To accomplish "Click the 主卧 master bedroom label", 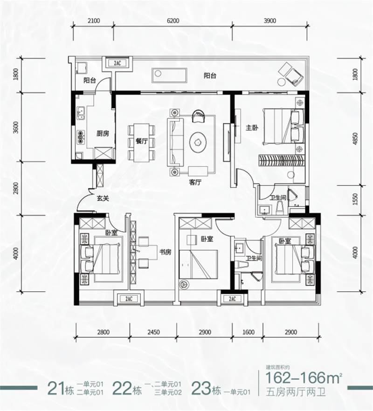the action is point(252,128).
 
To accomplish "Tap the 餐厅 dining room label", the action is point(142,141).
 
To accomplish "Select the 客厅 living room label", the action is point(195,182).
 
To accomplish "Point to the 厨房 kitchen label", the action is point(103,134).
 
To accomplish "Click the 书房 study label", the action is point(165,252).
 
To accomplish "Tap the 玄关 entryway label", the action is point(103,199).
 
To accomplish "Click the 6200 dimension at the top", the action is point(173,21).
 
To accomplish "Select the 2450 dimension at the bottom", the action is point(153,332).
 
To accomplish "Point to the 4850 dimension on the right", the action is point(355,139).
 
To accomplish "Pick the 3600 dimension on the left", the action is point(16,127).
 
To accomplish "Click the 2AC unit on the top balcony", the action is point(118,63).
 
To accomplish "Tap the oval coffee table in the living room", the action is point(198,142).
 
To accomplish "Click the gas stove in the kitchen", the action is point(81,137).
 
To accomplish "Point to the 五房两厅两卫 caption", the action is point(296,392).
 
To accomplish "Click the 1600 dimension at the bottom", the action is point(248,332).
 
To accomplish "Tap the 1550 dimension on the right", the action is point(355,199).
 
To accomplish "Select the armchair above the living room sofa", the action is point(198,116).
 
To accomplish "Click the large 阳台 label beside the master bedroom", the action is point(210,76).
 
